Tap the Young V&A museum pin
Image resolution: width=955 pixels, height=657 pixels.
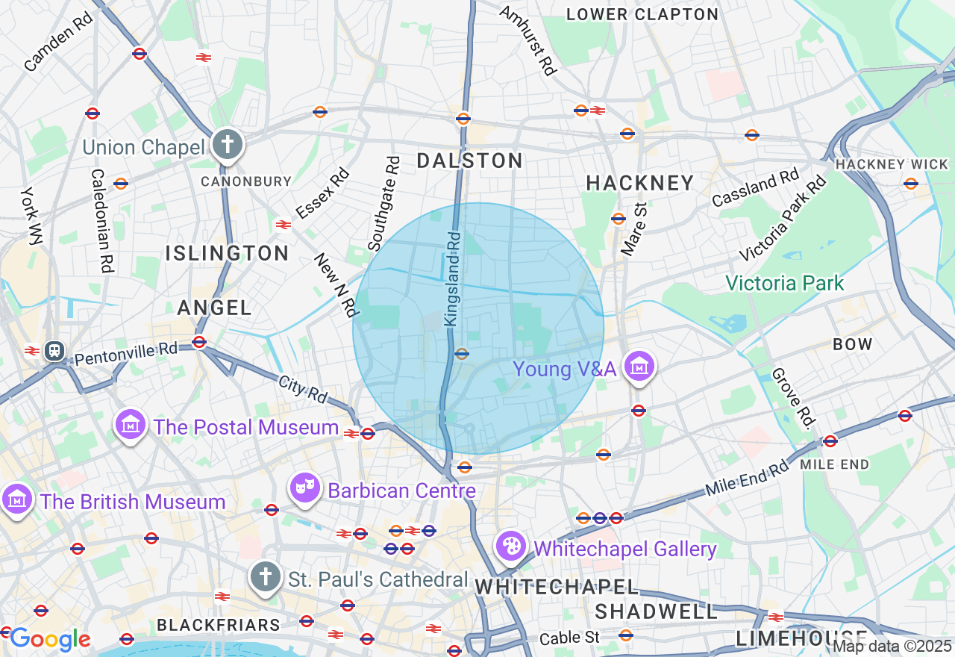pos(639,367)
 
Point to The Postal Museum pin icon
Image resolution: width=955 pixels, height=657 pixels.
pos(131,425)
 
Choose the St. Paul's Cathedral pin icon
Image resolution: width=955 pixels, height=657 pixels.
pos(265,578)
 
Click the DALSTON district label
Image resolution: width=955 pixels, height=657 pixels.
pos(469,161)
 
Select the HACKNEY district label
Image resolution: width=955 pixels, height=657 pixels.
pos(639,183)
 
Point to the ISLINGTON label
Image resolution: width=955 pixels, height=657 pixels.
pos(227,253)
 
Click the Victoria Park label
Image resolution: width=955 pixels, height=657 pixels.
pos(784,283)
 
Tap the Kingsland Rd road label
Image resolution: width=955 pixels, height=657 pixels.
pos(453,278)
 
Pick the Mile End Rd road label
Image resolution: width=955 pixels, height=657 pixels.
pos(747,479)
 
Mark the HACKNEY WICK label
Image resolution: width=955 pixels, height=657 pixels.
pos(892,164)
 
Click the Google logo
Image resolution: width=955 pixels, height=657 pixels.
pos(50,639)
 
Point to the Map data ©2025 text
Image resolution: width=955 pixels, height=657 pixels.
pos(892,646)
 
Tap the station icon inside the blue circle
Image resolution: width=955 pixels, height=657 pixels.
pos(462,354)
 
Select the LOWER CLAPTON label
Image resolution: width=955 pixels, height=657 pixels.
pos(642,14)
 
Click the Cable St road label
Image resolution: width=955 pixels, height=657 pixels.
pos(569,638)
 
